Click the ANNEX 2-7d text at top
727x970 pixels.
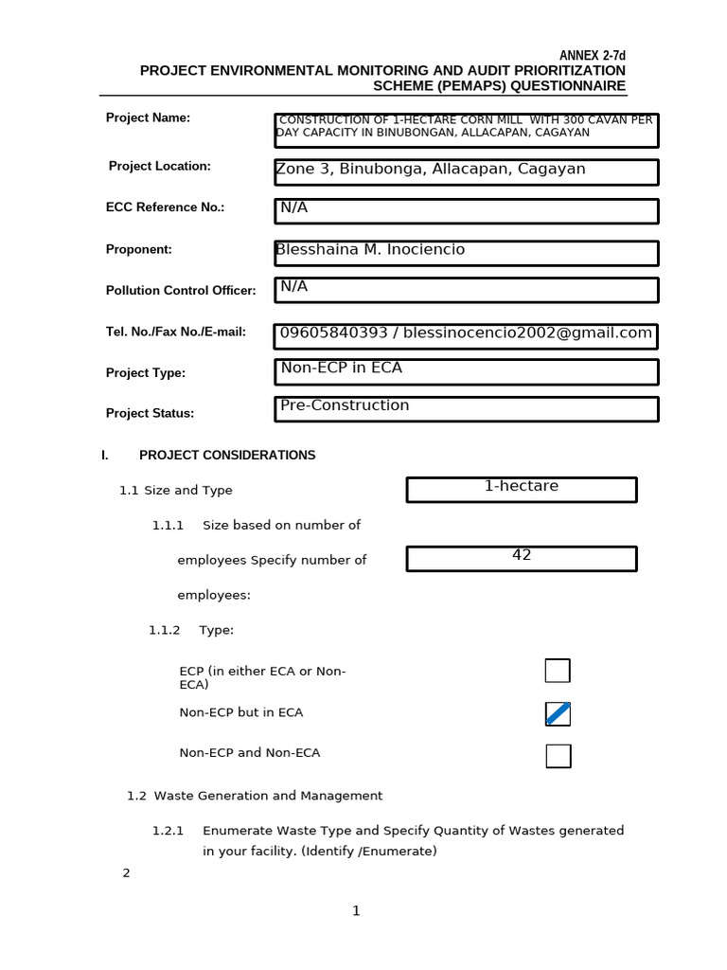coord(592,56)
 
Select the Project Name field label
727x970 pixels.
coord(148,117)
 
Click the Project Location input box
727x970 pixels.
coord(466,171)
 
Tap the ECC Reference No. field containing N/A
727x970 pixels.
coord(466,210)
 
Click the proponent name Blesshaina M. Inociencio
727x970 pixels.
coord(370,250)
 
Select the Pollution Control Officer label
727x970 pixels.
coord(181,291)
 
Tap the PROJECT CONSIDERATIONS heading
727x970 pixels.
coord(227,455)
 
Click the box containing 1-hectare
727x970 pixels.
coord(522,489)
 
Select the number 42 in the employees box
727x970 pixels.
coord(522,556)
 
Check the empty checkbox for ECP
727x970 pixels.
coord(558,671)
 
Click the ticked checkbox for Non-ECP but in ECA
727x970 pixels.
coord(558,713)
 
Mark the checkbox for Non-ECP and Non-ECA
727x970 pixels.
coord(559,756)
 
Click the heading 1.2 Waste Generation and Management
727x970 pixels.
coord(255,796)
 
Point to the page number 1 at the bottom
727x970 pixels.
coord(356,911)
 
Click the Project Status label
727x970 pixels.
coord(150,413)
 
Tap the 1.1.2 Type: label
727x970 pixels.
coord(191,630)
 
